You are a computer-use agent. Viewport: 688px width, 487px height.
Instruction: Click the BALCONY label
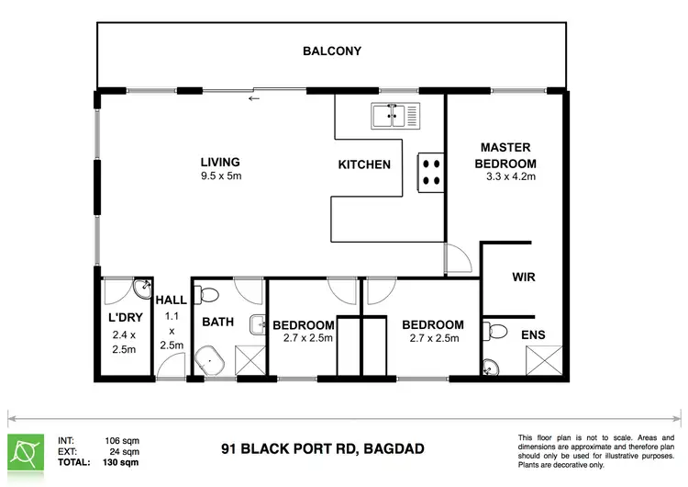click(x=332, y=51)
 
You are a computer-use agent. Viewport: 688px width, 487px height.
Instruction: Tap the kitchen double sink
click(x=395, y=116)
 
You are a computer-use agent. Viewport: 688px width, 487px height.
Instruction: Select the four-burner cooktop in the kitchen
click(x=431, y=173)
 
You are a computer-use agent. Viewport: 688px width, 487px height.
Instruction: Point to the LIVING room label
click(x=220, y=163)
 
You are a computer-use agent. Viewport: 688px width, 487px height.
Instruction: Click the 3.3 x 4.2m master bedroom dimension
click(x=511, y=176)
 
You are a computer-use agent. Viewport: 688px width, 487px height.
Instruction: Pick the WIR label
click(x=524, y=277)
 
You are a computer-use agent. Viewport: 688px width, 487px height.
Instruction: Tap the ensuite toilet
click(x=494, y=332)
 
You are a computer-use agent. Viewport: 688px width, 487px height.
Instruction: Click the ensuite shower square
click(x=544, y=360)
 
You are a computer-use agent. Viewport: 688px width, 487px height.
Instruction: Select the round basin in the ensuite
click(x=491, y=368)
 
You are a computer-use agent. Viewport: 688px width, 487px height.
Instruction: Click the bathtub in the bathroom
click(x=209, y=361)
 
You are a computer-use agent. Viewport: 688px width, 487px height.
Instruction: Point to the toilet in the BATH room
click(x=206, y=295)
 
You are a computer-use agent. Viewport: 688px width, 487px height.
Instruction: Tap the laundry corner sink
click(x=142, y=289)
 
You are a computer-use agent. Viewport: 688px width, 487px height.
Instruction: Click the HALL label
click(x=172, y=300)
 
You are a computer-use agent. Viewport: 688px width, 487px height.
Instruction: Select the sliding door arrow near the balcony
click(x=254, y=98)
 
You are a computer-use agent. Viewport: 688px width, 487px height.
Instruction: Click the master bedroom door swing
click(x=459, y=258)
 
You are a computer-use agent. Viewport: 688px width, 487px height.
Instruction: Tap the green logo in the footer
click(x=26, y=453)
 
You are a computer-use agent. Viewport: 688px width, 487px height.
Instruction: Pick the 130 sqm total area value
click(x=121, y=462)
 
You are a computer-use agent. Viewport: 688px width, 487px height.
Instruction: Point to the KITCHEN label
click(x=364, y=164)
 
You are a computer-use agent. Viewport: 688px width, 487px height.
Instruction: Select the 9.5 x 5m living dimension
click(x=221, y=176)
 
